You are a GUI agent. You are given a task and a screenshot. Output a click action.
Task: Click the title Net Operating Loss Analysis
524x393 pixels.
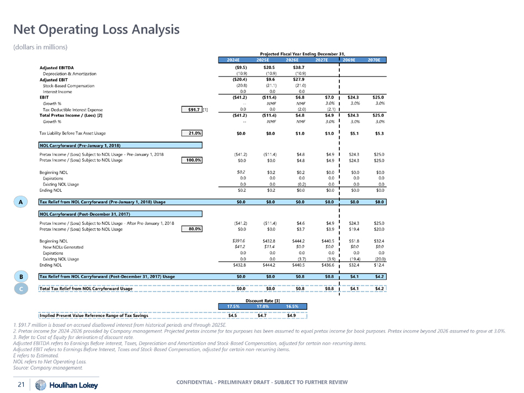click(97, 29)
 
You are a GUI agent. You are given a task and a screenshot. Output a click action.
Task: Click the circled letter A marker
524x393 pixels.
click(20, 203)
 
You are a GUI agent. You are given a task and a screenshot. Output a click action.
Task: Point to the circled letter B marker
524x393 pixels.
click(20, 276)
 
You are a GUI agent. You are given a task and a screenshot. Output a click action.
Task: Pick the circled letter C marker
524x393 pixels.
click(20, 288)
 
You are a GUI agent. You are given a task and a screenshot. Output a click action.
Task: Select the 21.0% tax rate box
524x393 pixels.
click(191, 133)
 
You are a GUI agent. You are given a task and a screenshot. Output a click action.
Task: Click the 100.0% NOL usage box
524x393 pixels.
click(191, 160)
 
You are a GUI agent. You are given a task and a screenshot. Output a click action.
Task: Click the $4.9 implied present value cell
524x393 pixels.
click(292, 316)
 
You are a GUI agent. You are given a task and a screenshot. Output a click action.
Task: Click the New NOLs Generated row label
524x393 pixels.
click(63, 247)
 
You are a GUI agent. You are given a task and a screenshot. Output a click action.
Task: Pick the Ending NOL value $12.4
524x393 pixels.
click(378, 265)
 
